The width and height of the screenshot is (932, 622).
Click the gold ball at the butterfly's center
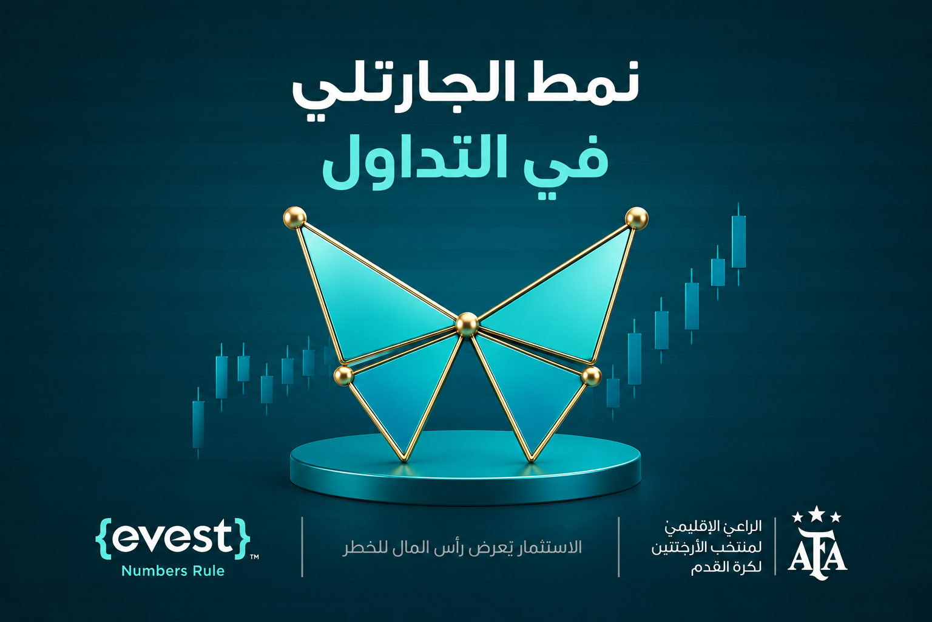[467, 324]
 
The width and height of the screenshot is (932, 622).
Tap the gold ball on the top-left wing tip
[294, 217]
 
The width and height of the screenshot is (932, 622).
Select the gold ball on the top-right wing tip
[637, 218]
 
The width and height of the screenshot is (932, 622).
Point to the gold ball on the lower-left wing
[343, 375]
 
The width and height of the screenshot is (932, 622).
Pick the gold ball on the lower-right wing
[591, 376]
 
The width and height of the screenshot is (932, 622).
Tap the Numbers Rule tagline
[173, 571]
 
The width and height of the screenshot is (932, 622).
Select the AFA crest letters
[817, 555]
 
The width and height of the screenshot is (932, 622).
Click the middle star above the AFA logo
[817, 513]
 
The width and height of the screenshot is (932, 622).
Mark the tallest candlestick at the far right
[738, 244]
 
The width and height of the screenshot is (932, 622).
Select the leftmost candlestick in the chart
[198, 423]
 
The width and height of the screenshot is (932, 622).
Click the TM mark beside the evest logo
[254, 556]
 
